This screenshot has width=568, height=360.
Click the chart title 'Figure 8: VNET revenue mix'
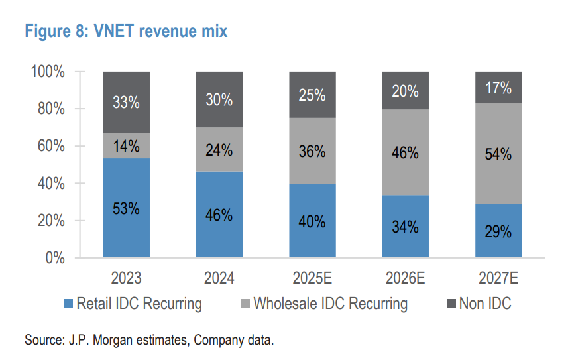click(x=125, y=31)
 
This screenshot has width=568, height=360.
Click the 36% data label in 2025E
click(x=312, y=151)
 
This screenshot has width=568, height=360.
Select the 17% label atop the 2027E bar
click(x=498, y=88)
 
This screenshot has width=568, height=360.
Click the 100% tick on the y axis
click(x=48, y=72)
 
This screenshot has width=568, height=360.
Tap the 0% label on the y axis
click(x=55, y=257)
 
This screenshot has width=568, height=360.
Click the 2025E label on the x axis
click(x=312, y=277)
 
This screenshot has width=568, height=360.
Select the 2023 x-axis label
click(x=126, y=277)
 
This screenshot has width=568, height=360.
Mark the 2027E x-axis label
click(x=498, y=277)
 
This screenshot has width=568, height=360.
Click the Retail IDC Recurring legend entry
click(x=139, y=304)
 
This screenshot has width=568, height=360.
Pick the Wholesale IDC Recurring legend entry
click(x=330, y=304)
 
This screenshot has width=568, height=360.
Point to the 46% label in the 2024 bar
click(x=219, y=215)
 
